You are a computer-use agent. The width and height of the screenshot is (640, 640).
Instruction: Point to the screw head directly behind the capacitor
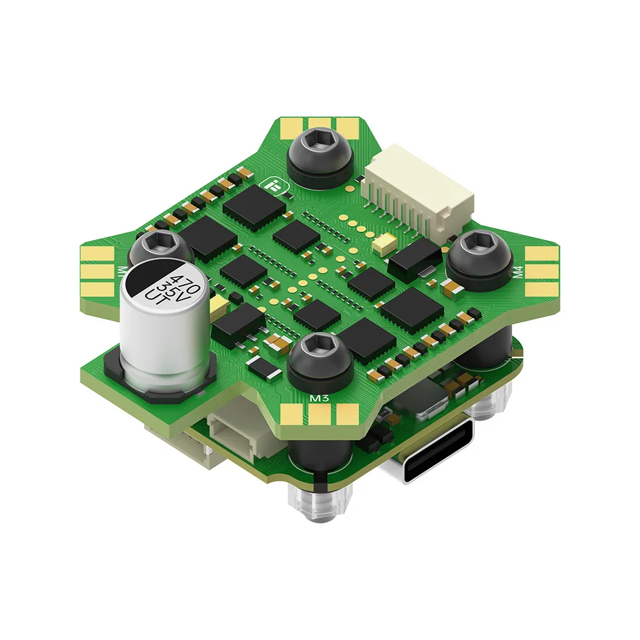pyautogui.click(x=157, y=246)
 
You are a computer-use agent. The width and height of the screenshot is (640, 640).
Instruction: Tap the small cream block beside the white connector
pyautogui.click(x=387, y=242)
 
